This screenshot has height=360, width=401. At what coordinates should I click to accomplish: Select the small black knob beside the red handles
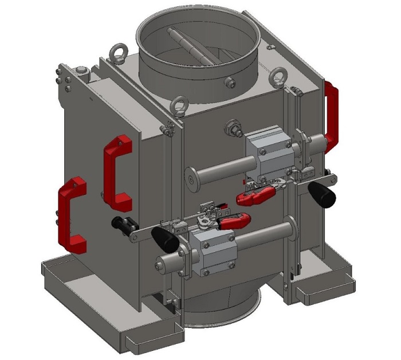point(121,224)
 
